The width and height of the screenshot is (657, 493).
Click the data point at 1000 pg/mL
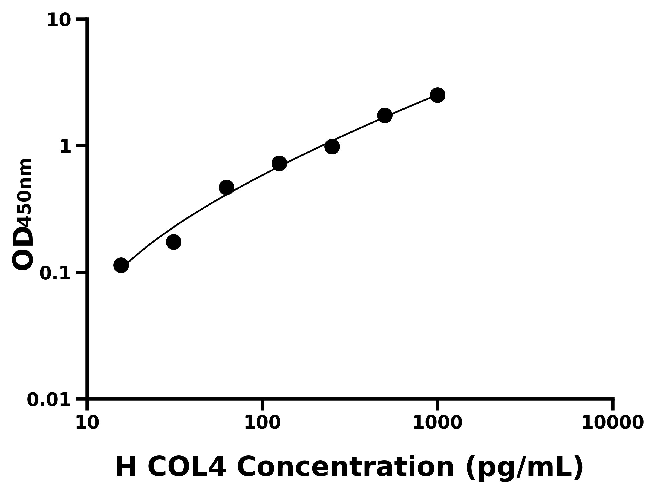pyautogui.click(x=437, y=95)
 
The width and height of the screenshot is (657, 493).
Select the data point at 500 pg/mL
pyautogui.click(x=385, y=115)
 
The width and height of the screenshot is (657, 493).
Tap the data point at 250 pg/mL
pyautogui.click(x=332, y=147)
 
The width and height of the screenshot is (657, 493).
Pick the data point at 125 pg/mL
pyautogui.click(x=279, y=164)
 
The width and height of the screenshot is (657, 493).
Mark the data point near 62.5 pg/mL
pyautogui.click(x=226, y=188)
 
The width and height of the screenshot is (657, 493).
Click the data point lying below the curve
pyautogui.click(x=174, y=242)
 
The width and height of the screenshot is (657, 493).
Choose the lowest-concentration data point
pyautogui.click(x=121, y=265)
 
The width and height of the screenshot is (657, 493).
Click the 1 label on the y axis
pyautogui.click(x=66, y=147)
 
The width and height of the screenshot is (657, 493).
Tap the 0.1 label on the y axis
pyautogui.click(x=55, y=273)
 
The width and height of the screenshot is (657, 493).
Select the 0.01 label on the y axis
pyautogui.click(x=49, y=400)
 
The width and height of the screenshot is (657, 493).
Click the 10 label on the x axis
pyautogui.click(x=87, y=423)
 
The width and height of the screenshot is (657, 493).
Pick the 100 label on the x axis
pyautogui.click(x=262, y=423)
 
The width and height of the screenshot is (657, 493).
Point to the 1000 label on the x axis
pyautogui.click(x=437, y=423)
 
